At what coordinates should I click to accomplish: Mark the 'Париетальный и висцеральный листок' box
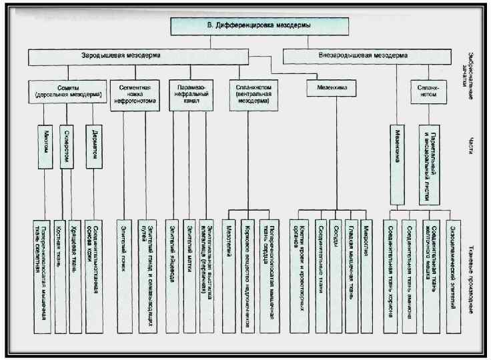(x=431, y=164)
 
